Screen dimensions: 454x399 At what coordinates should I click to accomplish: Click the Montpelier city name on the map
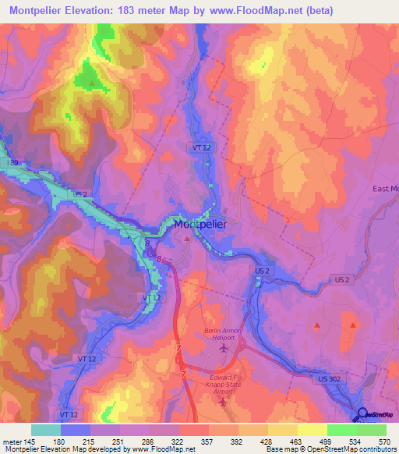(x=200, y=224)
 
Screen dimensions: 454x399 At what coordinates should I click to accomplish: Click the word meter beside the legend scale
(x=12, y=442)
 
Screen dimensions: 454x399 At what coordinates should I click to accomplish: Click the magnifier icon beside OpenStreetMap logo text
(x=363, y=416)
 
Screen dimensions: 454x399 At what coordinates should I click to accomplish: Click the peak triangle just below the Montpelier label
(x=187, y=239)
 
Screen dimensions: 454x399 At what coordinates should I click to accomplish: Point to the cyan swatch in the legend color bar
(x=46, y=430)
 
